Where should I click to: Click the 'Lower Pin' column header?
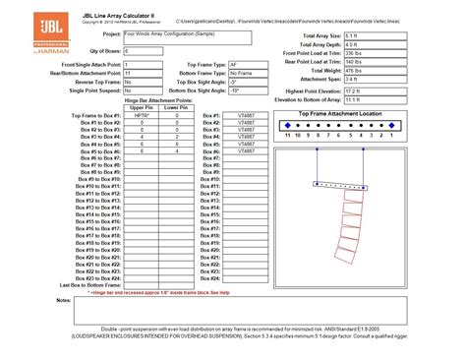(x=177, y=107)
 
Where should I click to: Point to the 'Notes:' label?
(x=64, y=299)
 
